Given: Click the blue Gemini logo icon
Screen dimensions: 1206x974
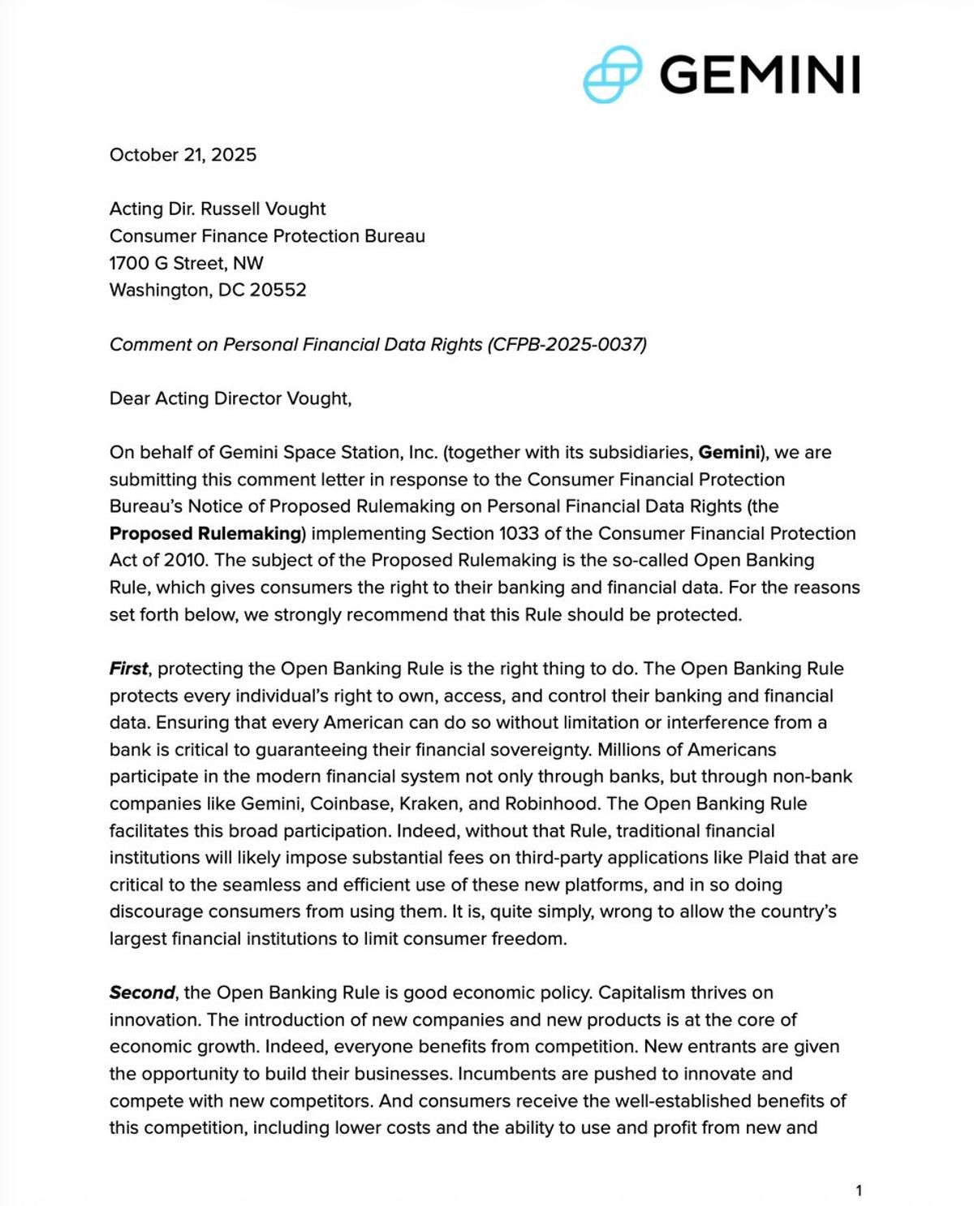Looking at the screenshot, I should click(613, 75).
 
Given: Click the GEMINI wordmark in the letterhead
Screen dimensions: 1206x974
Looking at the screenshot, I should click(760, 75).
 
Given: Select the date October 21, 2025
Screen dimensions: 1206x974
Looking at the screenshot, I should click(183, 155).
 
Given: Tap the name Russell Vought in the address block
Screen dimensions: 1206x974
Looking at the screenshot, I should click(263, 209).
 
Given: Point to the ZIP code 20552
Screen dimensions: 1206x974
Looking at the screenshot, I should click(278, 290).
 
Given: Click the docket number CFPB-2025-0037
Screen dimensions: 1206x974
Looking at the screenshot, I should click(567, 344).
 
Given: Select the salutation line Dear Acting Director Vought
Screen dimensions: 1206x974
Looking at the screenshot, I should click(231, 398).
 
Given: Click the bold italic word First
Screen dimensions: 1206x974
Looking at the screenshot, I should click(128, 669).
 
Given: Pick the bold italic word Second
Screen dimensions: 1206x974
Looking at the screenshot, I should click(142, 993).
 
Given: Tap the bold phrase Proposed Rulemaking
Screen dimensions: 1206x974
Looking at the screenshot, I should click(206, 533).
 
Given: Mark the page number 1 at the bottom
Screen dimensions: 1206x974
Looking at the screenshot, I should click(859, 1191).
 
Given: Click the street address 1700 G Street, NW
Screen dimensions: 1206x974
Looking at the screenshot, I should click(187, 263).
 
